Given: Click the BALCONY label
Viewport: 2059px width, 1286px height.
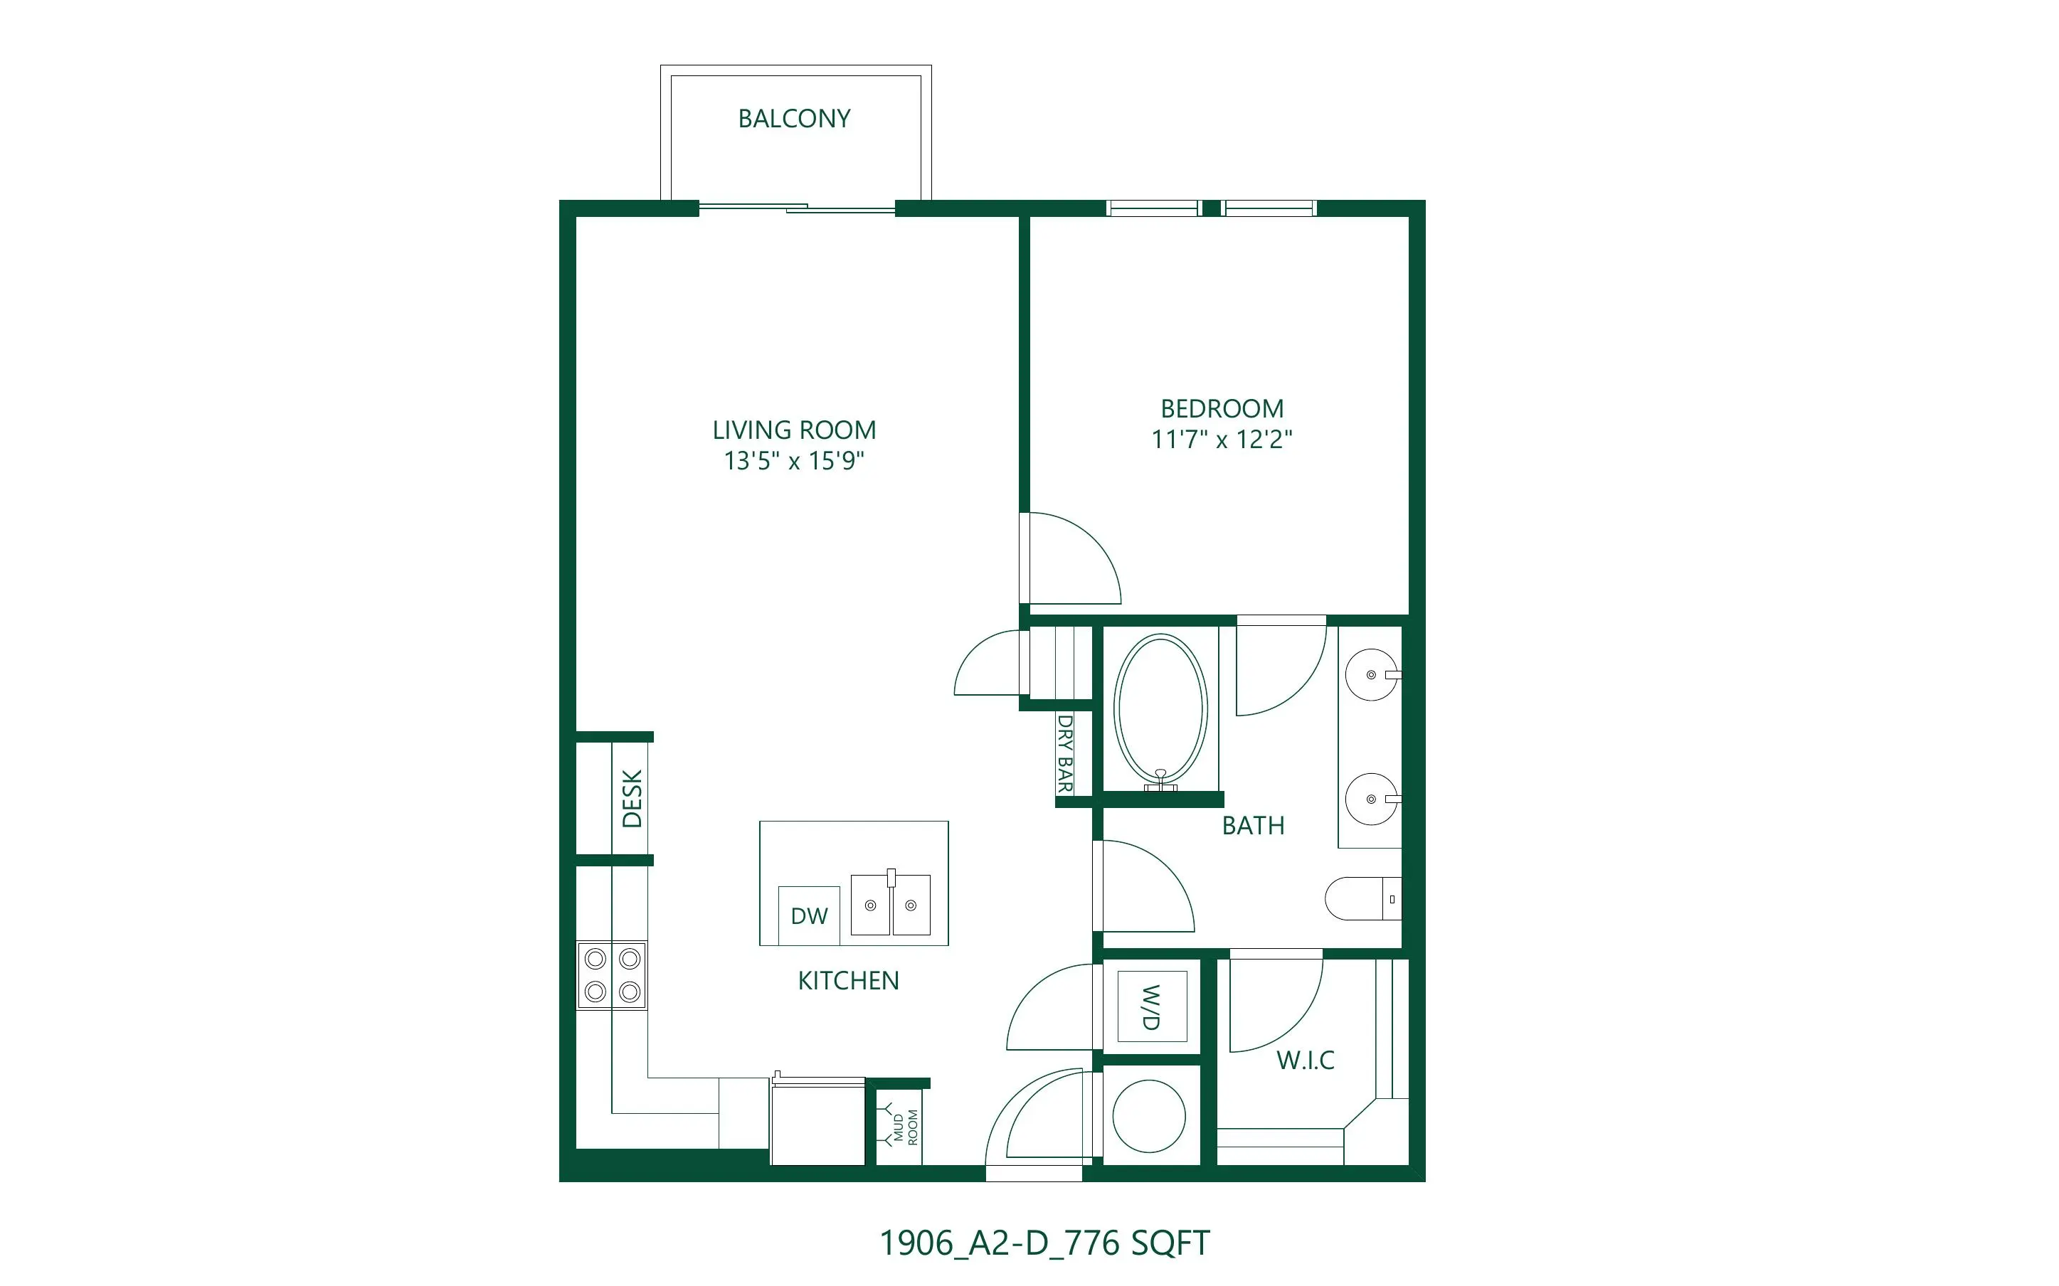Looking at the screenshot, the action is (x=794, y=118).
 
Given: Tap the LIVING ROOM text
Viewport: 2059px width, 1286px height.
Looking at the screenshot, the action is (x=794, y=430).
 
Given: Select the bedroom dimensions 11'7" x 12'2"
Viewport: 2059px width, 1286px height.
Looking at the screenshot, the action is (x=1222, y=439).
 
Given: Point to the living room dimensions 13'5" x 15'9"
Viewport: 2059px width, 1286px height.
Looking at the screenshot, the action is (x=794, y=460).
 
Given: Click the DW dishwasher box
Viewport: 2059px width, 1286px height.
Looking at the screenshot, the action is (x=809, y=916).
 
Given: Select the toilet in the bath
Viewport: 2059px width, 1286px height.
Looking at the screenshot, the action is (x=1363, y=899).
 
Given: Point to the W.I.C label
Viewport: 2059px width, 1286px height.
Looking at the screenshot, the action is (x=1306, y=1060).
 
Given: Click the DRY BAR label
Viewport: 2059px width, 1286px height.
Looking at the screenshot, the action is (x=1065, y=753).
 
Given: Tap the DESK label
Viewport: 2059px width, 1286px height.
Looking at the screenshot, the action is (x=632, y=799).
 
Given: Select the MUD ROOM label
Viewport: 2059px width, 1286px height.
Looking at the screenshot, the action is (x=906, y=1127).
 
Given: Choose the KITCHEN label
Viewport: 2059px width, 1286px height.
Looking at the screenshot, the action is (x=848, y=981).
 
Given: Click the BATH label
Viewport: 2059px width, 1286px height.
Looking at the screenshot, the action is (x=1253, y=825).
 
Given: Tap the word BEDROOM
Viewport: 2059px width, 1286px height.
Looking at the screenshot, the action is (x=1222, y=408).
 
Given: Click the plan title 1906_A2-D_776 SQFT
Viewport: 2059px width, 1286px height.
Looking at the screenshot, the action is (x=1044, y=1243).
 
